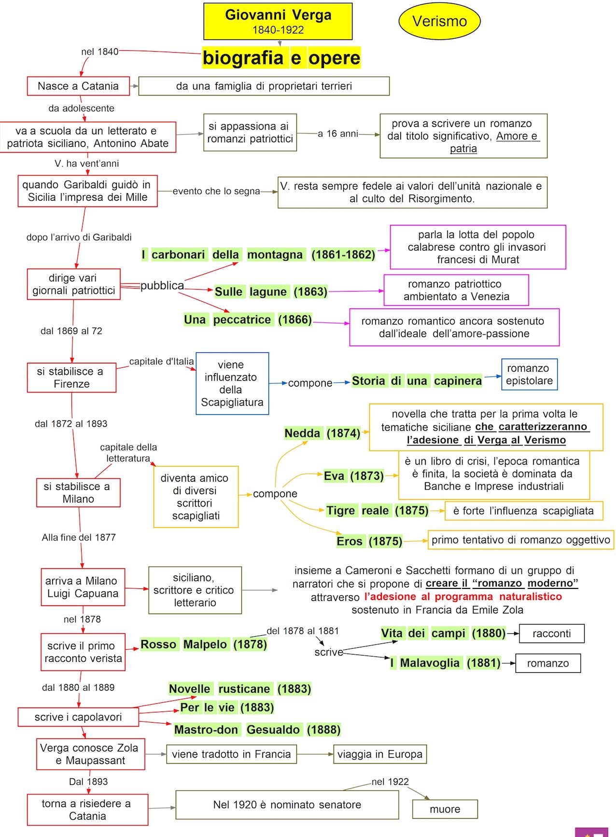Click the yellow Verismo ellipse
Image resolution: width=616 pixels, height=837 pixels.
point(439,21)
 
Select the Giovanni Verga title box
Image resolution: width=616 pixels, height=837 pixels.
point(278,21)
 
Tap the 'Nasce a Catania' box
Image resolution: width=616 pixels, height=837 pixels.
point(78,86)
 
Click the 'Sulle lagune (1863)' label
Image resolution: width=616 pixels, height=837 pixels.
point(271,292)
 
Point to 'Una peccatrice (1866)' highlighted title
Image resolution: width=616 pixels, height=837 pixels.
point(248,320)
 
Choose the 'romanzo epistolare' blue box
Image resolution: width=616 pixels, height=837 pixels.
point(529,375)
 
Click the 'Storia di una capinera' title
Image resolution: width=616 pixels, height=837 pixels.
point(417,381)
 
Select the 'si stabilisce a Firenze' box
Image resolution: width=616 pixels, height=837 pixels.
point(71,377)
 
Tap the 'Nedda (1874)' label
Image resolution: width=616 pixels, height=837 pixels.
point(322,433)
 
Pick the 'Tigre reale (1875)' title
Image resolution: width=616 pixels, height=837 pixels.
point(377,510)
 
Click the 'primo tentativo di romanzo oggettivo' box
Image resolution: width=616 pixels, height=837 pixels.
point(520,540)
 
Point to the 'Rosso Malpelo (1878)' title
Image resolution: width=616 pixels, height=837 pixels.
point(203,644)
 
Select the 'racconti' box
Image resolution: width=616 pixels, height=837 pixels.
point(551,633)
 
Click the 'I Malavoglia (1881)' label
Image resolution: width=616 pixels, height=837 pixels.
point(445,663)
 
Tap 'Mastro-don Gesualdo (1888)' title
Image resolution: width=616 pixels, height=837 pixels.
point(257,729)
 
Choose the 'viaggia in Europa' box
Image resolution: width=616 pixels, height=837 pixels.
point(379,754)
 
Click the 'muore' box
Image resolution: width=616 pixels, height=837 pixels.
point(445,809)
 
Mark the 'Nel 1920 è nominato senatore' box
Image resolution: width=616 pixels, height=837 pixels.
point(287,805)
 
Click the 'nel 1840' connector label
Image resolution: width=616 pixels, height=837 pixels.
point(99,52)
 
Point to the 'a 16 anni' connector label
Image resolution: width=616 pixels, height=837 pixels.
point(338,134)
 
